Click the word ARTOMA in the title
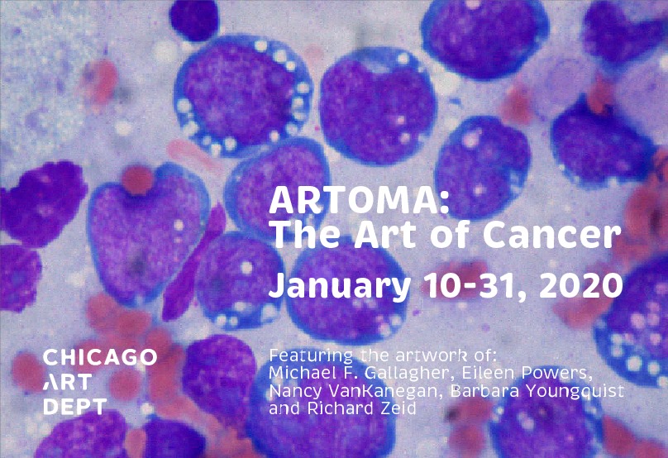pos(355,200)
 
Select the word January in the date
pos(340,287)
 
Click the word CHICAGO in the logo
pos(100,357)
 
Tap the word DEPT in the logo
pos(75,407)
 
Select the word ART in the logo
pos(67,382)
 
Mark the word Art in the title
pos(385,235)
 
